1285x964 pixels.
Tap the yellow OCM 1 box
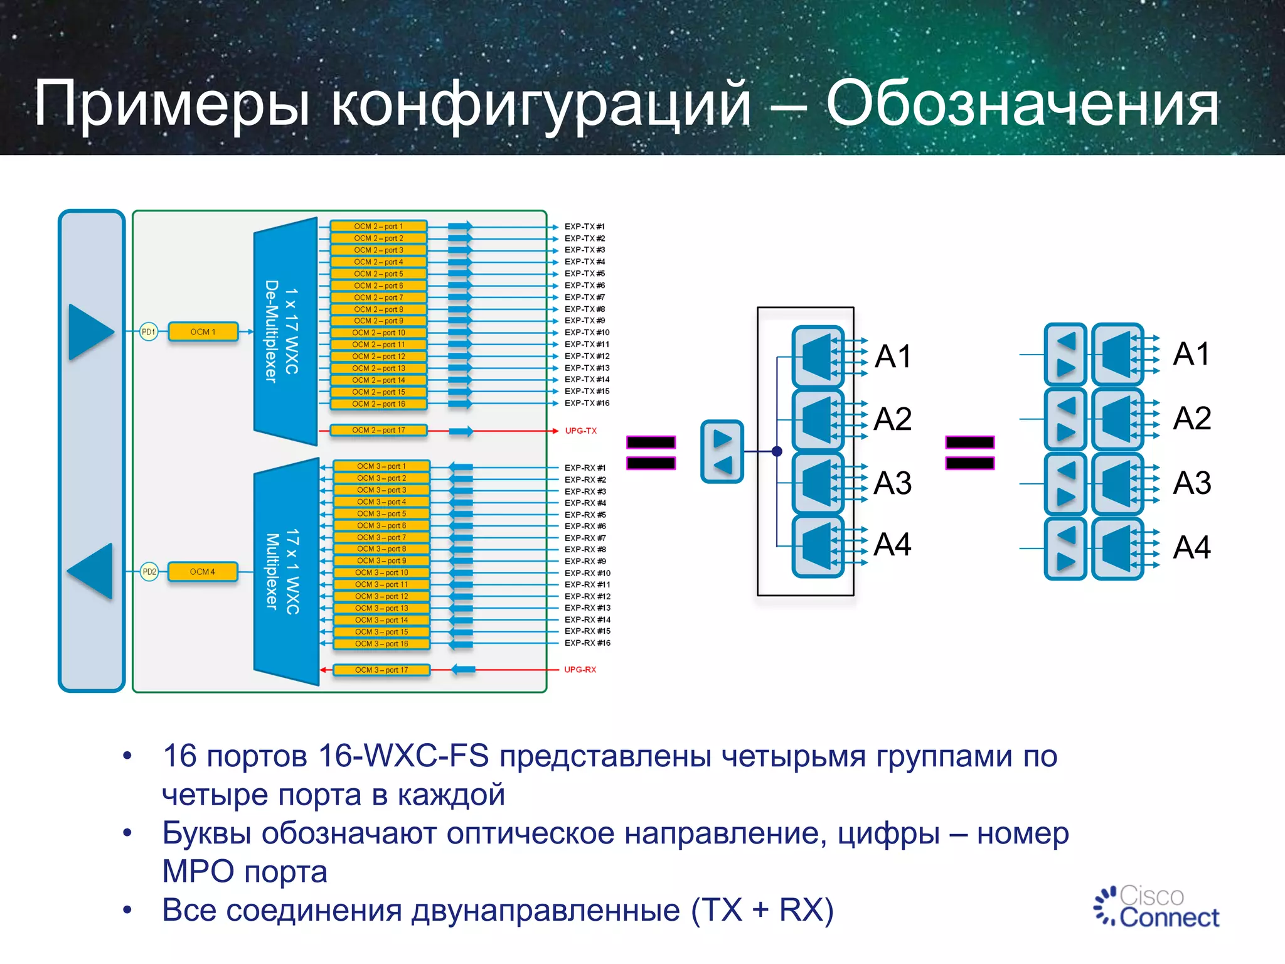[203, 332]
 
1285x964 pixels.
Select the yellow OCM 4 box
[203, 572]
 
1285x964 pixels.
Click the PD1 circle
[149, 332]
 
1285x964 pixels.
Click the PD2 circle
[149, 572]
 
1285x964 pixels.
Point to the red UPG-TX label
[580, 431]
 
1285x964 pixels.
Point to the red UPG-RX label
[580, 670]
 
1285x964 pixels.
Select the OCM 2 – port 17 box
[378, 431]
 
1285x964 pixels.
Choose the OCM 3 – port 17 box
[381, 670]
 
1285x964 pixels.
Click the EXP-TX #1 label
[584, 227]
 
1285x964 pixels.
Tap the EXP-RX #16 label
[587, 643]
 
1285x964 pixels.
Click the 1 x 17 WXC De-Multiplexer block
[284, 332]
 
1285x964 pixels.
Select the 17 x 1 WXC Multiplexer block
[285, 572]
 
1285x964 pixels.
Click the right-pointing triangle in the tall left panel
[90, 332]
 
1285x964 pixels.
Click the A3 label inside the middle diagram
[892, 483]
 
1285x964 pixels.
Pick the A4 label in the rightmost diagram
[1192, 547]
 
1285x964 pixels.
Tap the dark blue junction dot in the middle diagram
[777, 451]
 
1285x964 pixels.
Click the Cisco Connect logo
[1156, 906]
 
